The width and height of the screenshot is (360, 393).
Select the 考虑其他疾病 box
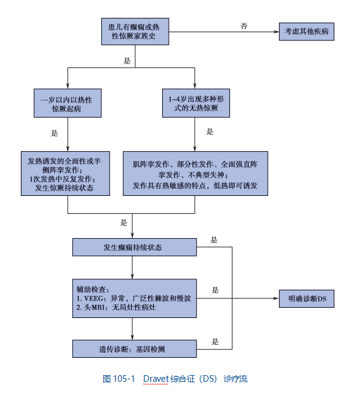coord(306,31)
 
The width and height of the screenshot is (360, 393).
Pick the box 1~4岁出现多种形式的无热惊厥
coord(195,102)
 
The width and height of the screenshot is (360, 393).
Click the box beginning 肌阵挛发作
coord(195,173)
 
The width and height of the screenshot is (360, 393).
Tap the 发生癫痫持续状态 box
coord(134,247)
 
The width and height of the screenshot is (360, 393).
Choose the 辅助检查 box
coord(134,298)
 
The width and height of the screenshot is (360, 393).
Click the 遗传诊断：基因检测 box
coord(134,348)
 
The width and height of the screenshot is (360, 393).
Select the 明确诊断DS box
coord(306,298)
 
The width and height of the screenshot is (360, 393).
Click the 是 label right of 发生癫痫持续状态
coord(215,240)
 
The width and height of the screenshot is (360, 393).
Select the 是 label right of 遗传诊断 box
coord(215,342)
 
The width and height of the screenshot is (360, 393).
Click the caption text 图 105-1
coord(119,379)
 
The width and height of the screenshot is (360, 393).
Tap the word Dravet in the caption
coord(157,379)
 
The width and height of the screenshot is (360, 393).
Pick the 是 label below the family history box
coord(126,61)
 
